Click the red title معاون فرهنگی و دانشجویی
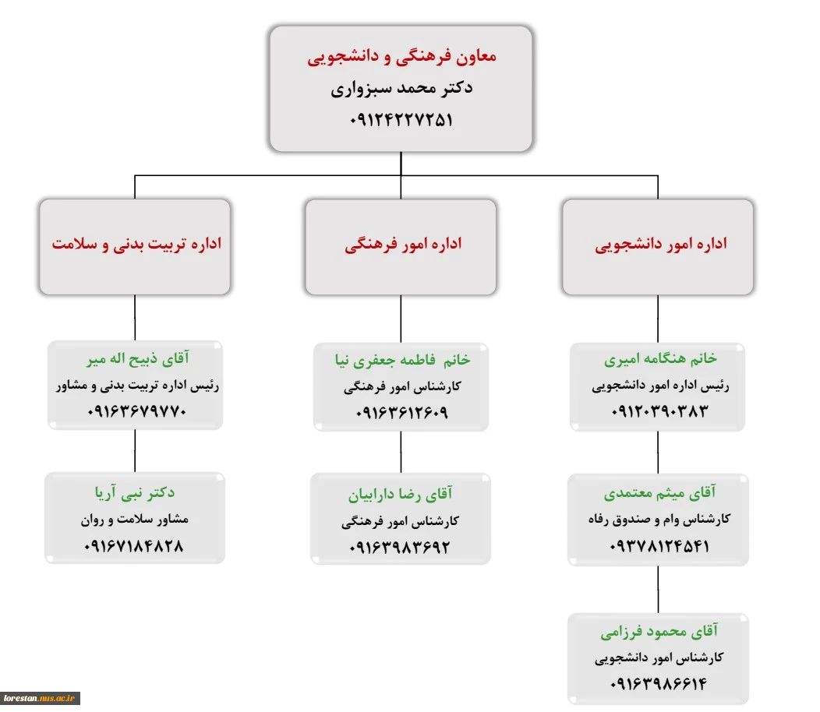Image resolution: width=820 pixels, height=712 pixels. coord(401,56)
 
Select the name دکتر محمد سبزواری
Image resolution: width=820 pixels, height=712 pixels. coord(401,88)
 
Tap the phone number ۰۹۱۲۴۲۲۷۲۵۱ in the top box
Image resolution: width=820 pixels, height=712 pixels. coord(401,120)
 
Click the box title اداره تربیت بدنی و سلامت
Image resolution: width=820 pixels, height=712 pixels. coord(136,244)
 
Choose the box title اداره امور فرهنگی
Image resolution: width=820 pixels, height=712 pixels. coord(403,244)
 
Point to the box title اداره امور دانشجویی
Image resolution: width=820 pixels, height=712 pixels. coord(661,244)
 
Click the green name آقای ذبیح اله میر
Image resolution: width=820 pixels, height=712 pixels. coord(138,358)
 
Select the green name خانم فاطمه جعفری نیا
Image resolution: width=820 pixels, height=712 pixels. coord(403,360)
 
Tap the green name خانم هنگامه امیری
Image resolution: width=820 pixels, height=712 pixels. coord(660,358)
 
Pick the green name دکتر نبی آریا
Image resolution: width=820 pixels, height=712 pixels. coord(135,492)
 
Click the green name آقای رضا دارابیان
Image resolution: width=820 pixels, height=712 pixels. coord(401,494)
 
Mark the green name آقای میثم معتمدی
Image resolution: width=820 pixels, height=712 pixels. coord(660,492)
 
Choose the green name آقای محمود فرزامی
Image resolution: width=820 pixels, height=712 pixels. coord(659,632)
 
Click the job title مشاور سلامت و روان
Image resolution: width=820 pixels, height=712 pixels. coord(134,520)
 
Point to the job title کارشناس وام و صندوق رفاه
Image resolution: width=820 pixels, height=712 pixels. coord(659,520)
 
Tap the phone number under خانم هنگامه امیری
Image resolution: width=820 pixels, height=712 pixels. coord(659,411)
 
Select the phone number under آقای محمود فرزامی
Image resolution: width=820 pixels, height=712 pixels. coord(659,683)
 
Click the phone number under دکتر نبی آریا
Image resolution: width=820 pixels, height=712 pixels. coord(134,546)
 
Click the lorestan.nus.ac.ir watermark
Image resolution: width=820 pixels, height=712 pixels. coord(40,698)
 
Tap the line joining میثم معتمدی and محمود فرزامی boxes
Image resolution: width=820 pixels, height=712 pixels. coord(658,589)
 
